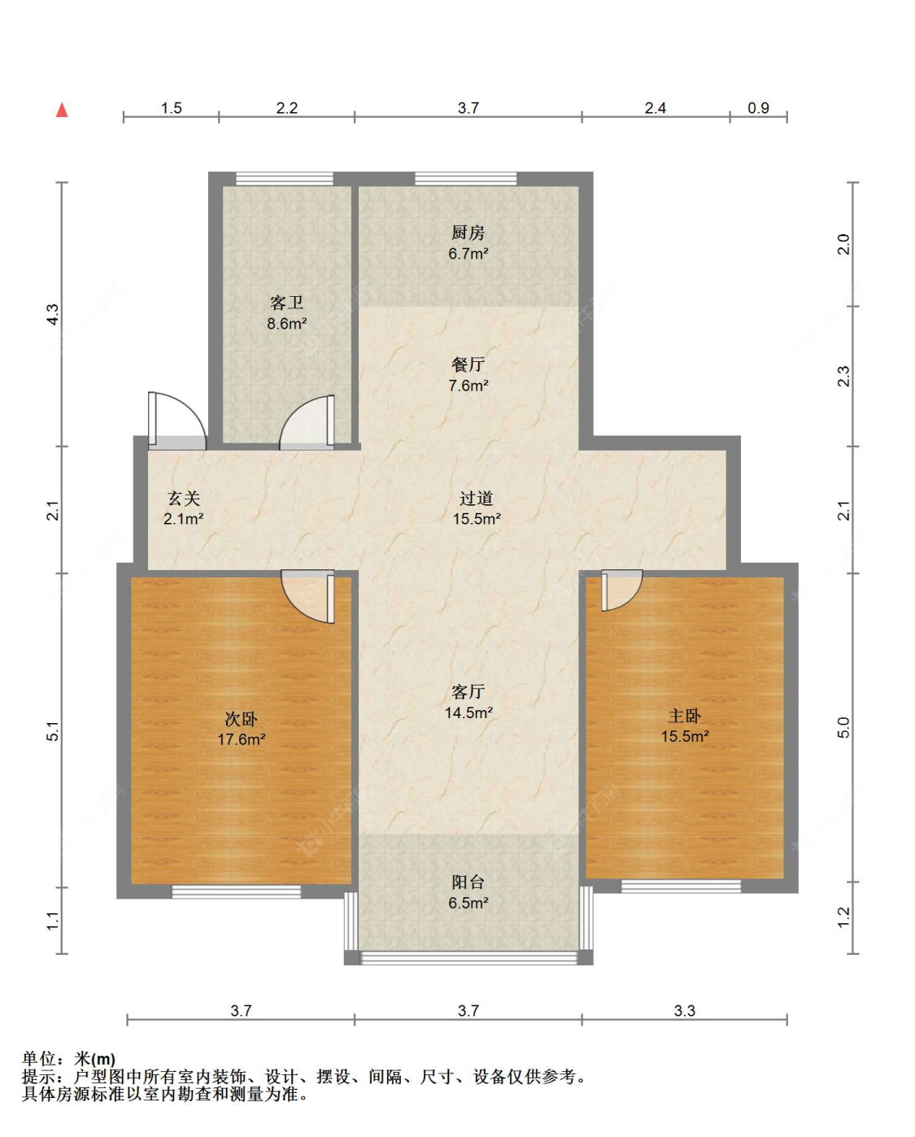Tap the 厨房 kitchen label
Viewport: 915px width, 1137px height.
(x=468, y=233)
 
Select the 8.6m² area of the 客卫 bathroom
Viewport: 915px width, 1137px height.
(x=287, y=324)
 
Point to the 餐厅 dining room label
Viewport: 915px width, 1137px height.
(x=468, y=364)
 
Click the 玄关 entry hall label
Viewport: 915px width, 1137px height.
(x=184, y=499)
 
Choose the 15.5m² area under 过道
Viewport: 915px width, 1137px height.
(x=477, y=519)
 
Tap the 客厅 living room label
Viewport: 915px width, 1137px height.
(x=468, y=691)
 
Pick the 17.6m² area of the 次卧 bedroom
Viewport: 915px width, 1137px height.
(x=242, y=739)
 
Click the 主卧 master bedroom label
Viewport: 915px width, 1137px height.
(x=685, y=716)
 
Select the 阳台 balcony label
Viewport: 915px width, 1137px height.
(x=468, y=882)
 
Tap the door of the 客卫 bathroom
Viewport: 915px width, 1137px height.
(x=307, y=422)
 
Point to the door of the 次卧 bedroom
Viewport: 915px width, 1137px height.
(x=308, y=596)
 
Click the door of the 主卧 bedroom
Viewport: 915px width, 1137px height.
(x=622, y=590)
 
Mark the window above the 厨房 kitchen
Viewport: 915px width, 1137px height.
(x=466, y=179)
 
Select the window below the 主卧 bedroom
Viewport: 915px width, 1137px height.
(x=681, y=886)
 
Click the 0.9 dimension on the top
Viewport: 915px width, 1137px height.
(x=758, y=108)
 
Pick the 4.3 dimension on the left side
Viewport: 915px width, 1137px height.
(x=54, y=315)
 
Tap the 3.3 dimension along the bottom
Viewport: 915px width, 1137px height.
(x=685, y=1011)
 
